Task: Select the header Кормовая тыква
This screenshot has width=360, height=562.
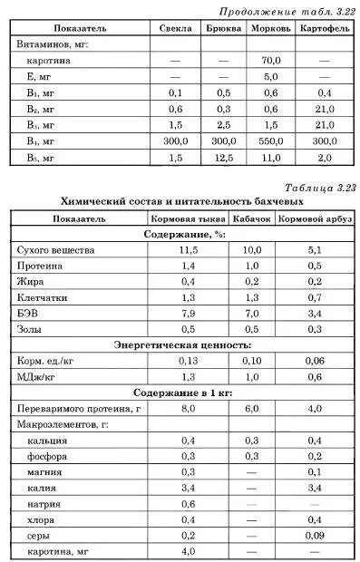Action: click(x=188, y=218)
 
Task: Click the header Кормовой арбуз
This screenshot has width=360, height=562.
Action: click(x=315, y=218)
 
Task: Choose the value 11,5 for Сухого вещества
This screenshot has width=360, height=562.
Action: click(x=188, y=250)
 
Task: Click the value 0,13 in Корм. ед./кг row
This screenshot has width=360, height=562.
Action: click(x=188, y=361)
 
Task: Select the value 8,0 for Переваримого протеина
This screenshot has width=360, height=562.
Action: click(x=188, y=409)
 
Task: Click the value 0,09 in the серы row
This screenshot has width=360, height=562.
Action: click(x=315, y=536)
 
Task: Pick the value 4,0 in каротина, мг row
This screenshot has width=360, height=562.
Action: click(x=188, y=551)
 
